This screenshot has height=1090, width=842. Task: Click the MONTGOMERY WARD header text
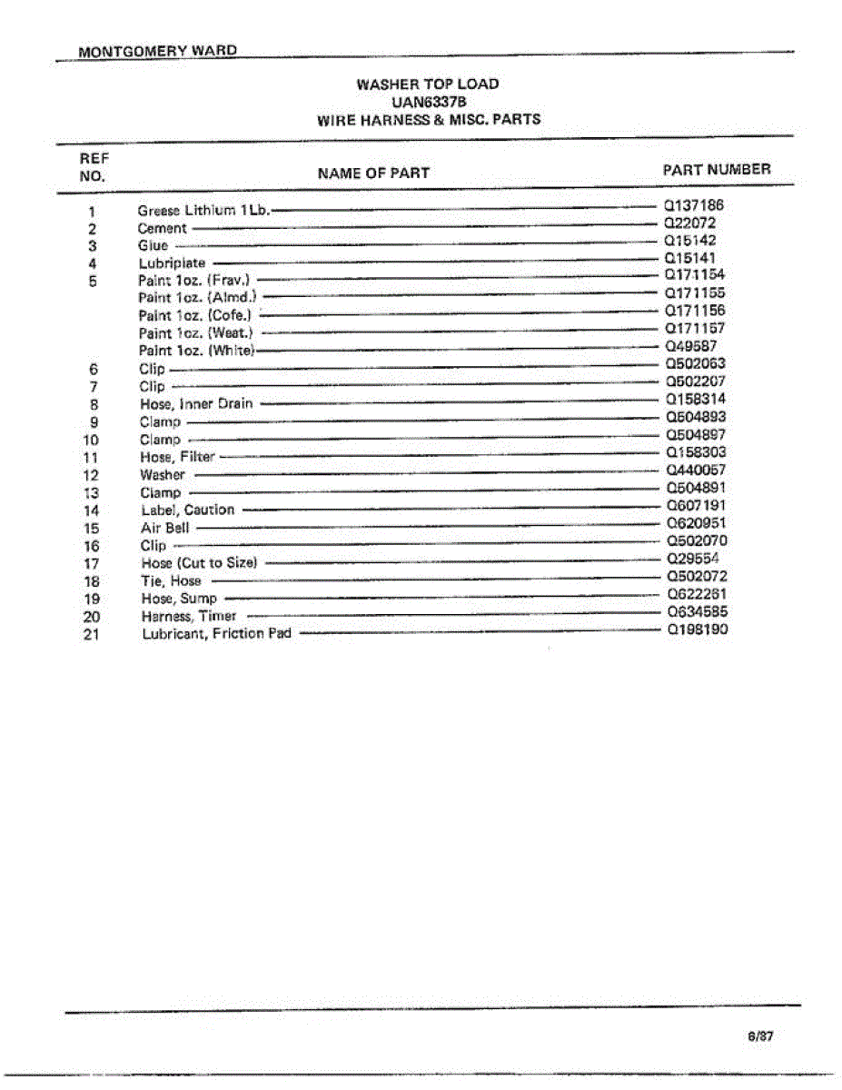[x=158, y=51]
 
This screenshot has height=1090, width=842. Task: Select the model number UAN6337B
[x=428, y=102]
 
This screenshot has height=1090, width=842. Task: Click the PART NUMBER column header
[x=717, y=169]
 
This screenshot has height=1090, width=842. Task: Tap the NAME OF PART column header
[x=373, y=173]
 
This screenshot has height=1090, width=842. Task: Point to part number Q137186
[x=695, y=205]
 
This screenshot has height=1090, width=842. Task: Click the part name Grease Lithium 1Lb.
[x=204, y=210]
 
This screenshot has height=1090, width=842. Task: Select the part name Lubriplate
[x=173, y=263]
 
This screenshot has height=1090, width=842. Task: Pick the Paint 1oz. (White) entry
[x=197, y=351]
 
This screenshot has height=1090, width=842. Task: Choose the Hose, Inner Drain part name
[x=196, y=403]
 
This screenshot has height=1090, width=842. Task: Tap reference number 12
[x=91, y=475]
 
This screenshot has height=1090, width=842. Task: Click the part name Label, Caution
[x=187, y=510]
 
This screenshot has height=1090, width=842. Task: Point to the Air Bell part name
[x=164, y=528]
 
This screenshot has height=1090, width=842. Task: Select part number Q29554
[x=693, y=559]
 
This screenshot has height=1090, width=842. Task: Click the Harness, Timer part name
[x=188, y=616]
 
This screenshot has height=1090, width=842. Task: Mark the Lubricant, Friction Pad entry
[x=216, y=633]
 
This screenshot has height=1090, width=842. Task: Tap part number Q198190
[x=697, y=629]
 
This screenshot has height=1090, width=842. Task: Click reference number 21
[x=91, y=634]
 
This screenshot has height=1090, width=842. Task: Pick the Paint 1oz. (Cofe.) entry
[x=194, y=315]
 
